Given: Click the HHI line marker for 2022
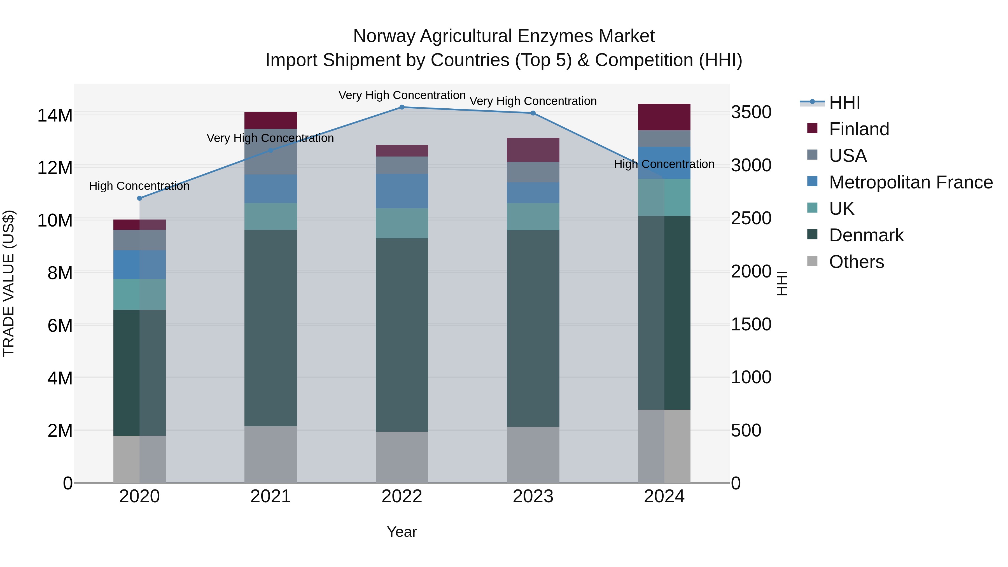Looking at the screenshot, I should pos(402,107).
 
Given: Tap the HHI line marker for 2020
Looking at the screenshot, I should pos(140,198).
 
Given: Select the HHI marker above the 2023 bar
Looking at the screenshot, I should pos(533,113).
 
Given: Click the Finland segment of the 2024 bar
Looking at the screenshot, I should pos(664,117).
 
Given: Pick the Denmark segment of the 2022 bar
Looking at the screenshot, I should pos(402,335).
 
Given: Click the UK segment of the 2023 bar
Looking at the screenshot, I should pos(533,216).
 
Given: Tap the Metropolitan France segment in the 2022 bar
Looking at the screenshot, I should pos(402,191).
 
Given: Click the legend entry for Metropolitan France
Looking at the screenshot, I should pos(911,182).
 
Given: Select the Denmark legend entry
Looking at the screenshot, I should pos(866,235).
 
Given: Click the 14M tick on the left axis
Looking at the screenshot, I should pos(55,115).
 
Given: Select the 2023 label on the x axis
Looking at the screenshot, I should pos(533,496).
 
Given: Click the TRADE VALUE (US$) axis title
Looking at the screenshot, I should pos(9,283).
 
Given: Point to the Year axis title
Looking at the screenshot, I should pos(402,532).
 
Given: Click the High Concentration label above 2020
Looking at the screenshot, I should pos(139,186).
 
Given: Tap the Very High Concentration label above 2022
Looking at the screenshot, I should pos(402,95).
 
